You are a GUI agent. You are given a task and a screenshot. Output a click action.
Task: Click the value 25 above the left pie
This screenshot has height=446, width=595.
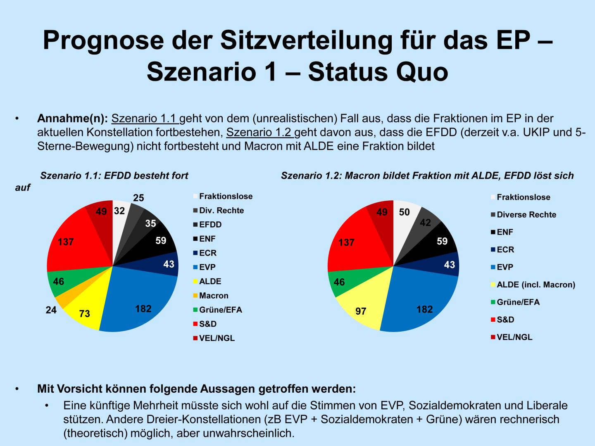tap(138, 198)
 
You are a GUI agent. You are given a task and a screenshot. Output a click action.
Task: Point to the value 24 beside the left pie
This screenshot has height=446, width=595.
tap(51, 310)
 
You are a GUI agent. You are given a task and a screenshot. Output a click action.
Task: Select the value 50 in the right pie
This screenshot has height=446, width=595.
tap(404, 212)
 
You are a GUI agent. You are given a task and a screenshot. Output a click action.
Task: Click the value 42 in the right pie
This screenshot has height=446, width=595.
tap(425, 223)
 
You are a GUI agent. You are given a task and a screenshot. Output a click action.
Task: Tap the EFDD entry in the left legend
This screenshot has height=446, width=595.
tap(210, 225)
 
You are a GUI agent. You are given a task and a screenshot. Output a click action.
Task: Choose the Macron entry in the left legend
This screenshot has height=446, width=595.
tap(213, 296)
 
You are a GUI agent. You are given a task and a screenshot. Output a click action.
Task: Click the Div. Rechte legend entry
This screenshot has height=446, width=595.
tap(221, 211)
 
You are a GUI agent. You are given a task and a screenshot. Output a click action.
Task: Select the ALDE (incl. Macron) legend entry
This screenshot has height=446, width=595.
tap(535, 285)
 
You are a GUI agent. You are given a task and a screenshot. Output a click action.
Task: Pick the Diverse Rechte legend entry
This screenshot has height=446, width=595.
tap(526, 215)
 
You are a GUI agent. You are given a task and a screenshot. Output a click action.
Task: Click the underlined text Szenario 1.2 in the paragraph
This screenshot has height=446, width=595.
tap(260, 133)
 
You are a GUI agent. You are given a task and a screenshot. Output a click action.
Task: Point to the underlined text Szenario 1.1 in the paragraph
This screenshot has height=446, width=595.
tap(145, 119)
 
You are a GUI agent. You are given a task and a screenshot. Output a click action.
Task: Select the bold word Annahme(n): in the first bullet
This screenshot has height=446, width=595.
tap(72, 119)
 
